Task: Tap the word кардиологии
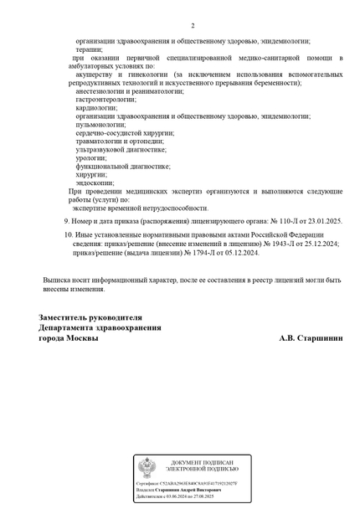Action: (x=96, y=107)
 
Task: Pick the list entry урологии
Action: (x=90, y=157)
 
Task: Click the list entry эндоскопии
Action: (x=94, y=183)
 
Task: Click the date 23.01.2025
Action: (x=322, y=220)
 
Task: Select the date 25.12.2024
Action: (x=320, y=244)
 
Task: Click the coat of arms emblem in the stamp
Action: (x=147, y=466)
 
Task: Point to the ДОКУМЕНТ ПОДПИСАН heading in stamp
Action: (x=202, y=462)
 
